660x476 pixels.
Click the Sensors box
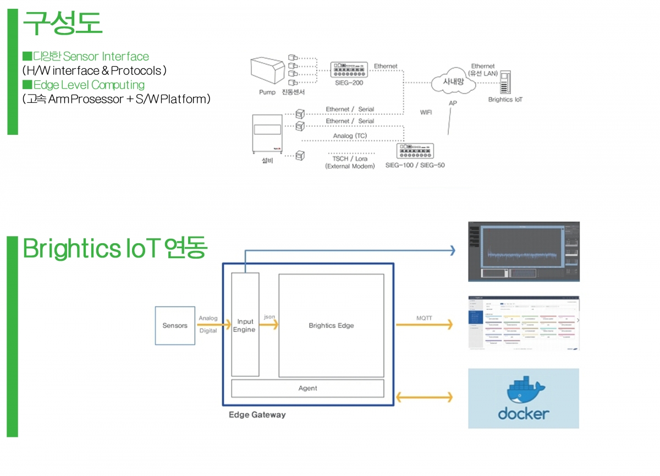point(175,326)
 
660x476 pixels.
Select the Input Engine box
point(245,325)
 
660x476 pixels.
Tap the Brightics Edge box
point(331,325)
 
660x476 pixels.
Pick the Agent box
point(307,388)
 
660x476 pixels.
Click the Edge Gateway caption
point(257,415)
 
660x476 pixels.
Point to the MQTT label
point(425,318)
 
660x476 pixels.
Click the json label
point(269,316)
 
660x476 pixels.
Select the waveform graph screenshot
point(524,251)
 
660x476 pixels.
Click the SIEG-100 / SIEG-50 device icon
point(415,151)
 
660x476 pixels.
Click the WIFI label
point(426,112)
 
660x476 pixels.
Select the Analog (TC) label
point(349,136)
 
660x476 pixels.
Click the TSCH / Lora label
point(350,158)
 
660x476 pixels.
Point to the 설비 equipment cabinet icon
point(266,134)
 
